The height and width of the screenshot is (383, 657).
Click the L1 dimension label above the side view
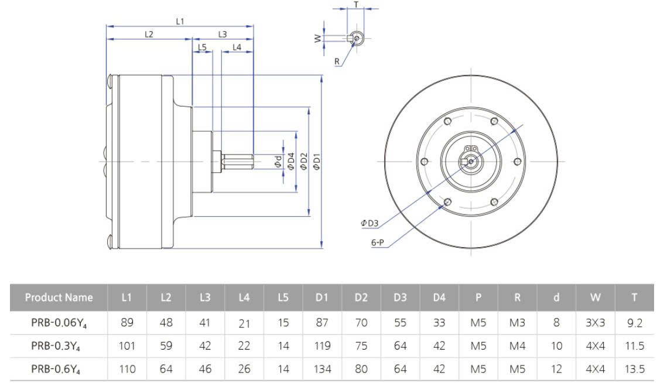click(x=180, y=21)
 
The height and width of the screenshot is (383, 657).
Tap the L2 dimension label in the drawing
click(x=149, y=35)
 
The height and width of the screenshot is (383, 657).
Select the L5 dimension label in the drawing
click(x=202, y=47)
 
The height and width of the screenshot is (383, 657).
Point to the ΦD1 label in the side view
click(x=316, y=161)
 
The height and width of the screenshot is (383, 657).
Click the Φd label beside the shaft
click(x=278, y=161)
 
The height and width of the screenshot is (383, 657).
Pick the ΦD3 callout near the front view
click(x=369, y=223)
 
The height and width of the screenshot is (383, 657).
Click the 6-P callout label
click(x=378, y=242)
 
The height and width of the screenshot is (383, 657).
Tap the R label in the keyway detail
click(x=337, y=61)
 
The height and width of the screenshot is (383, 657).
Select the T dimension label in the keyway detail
click(x=356, y=5)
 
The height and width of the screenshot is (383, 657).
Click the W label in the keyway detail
click(x=318, y=39)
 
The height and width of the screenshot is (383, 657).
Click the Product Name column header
click(x=59, y=297)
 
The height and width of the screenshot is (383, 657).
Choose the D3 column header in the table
click(x=400, y=297)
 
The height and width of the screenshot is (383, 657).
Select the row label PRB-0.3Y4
click(x=55, y=346)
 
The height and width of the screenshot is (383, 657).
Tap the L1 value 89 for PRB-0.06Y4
click(x=126, y=322)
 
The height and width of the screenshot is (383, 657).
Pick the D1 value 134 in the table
click(x=322, y=369)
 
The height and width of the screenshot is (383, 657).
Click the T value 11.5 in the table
click(x=634, y=346)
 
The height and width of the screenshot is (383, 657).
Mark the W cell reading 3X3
click(x=595, y=323)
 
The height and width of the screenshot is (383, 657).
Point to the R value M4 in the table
click(x=517, y=346)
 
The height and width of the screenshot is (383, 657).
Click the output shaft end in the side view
click(x=252, y=161)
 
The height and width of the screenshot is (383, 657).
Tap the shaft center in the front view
click(x=471, y=161)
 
